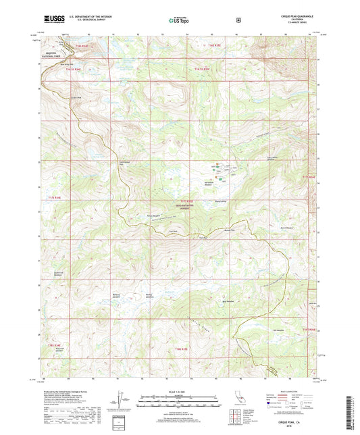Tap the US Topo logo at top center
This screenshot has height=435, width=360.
click(x=178, y=21)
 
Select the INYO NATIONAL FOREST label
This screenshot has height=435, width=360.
click(x=191, y=207)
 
